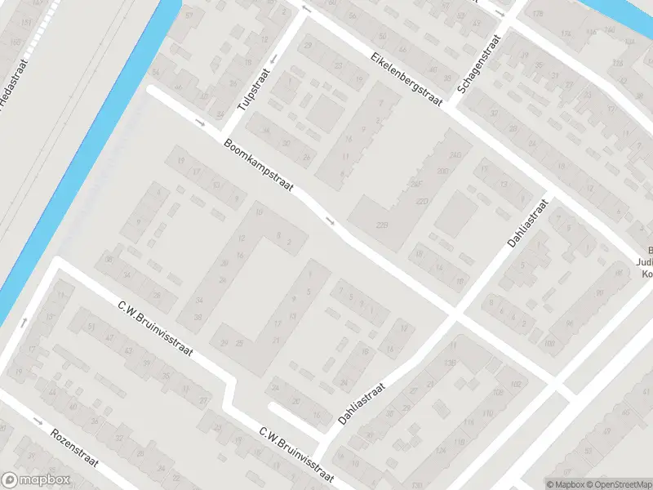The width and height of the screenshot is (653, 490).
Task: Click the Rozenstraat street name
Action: click(x=73, y=448)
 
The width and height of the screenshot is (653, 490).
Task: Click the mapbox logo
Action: click(x=34, y=480)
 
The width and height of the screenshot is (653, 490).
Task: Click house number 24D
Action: click(x=456, y=154)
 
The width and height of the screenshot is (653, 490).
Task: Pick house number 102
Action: click(x=514, y=384)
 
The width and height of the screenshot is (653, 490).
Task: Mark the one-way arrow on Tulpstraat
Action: click(x=273, y=57)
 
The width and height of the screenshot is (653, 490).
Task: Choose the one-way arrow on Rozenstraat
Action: click(x=38, y=421)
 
